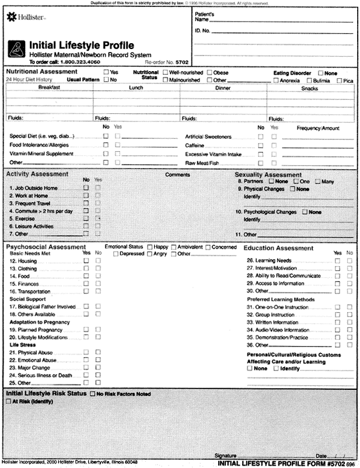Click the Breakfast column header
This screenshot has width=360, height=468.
click(x=50, y=87)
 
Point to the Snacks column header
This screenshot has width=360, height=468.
click(x=309, y=88)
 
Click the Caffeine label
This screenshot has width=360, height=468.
click(x=194, y=145)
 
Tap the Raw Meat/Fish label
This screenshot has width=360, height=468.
click(x=201, y=162)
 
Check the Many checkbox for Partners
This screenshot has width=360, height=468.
click(x=318, y=181)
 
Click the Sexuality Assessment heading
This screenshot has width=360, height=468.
click(x=268, y=174)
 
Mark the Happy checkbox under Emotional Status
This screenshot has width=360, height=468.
click(x=151, y=247)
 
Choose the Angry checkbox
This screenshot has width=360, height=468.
click(x=151, y=254)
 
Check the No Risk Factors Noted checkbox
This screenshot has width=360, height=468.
click(x=93, y=394)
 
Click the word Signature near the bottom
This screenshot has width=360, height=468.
click(x=225, y=454)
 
